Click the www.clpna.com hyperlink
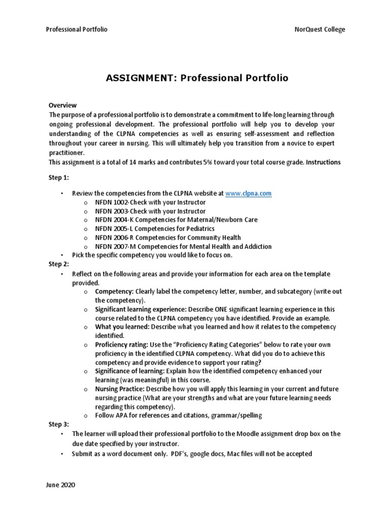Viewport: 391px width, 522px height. [x=248, y=194]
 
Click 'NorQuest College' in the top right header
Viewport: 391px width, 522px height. [x=320, y=30]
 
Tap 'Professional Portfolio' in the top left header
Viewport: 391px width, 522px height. [x=77, y=30]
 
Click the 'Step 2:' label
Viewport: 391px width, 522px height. [x=59, y=264]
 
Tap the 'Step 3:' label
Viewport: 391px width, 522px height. [x=59, y=424]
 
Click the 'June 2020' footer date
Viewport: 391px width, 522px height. [x=60, y=485]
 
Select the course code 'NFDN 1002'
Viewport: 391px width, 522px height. [x=111, y=202]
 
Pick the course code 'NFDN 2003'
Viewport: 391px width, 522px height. [x=111, y=211]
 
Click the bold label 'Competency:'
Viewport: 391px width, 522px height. [x=114, y=291]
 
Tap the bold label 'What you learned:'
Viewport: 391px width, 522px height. [x=122, y=327]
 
